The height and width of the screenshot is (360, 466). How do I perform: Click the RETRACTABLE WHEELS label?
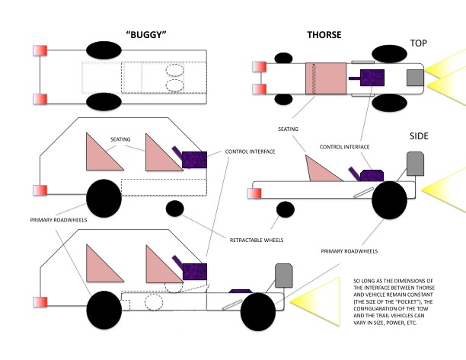pyautogui.click(x=256, y=240)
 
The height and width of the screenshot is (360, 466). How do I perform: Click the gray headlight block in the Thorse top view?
pyautogui.click(x=415, y=78)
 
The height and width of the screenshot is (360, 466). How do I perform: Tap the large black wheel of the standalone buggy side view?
pyautogui.click(x=103, y=198)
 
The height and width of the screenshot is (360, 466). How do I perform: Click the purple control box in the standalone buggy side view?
pyautogui.click(x=194, y=159)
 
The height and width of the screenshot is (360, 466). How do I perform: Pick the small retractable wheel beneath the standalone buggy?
pyautogui.click(x=174, y=208)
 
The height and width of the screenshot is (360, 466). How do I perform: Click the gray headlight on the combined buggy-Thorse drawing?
pyautogui.click(x=283, y=276)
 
